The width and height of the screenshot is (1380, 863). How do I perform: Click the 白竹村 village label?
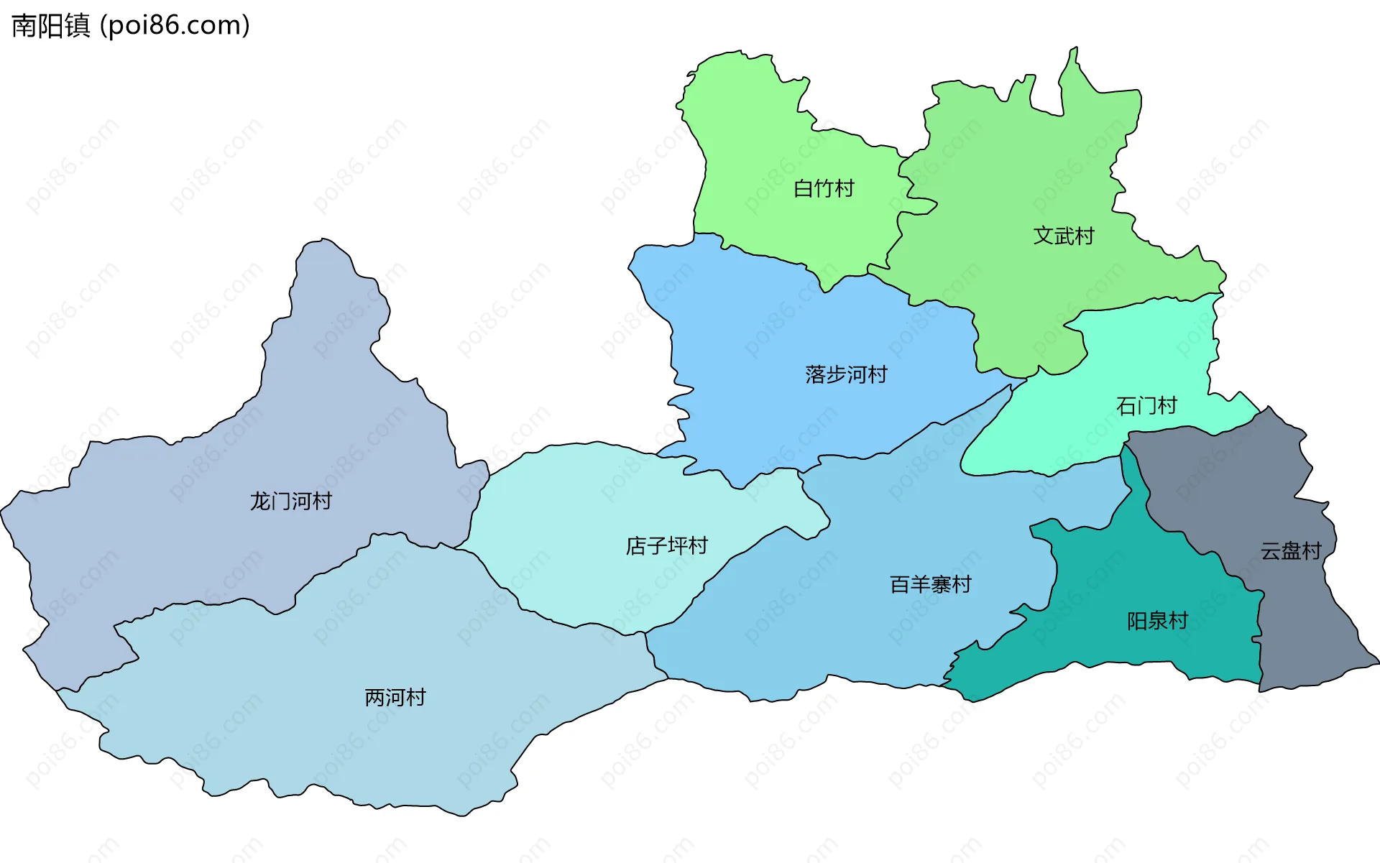[824, 188]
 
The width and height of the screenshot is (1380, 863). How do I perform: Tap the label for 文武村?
[1063, 236]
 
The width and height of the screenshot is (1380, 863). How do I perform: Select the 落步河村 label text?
[846, 374]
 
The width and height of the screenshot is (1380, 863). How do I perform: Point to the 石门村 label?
[1146, 406]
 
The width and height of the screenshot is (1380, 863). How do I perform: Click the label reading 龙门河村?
[290, 501]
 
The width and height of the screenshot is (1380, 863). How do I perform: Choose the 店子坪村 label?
[666, 546]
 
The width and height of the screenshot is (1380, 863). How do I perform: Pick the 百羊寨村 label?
[930, 584]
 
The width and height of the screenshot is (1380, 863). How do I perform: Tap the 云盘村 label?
[1291, 551]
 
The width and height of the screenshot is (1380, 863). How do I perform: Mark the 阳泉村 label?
[1157, 621]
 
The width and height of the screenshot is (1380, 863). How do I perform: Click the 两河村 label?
[395, 697]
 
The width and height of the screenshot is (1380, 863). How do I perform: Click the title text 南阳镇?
[51, 26]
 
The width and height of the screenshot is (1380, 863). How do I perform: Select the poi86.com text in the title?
[175, 26]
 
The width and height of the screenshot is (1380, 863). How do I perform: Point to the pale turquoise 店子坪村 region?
[575, 517]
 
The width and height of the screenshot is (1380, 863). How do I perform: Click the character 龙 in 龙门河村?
[259, 501]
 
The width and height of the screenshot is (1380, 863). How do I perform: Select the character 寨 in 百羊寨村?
[940, 584]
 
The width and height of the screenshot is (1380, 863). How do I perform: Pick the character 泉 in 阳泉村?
[1157, 621]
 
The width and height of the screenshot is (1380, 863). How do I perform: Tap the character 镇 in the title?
[78, 26]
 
